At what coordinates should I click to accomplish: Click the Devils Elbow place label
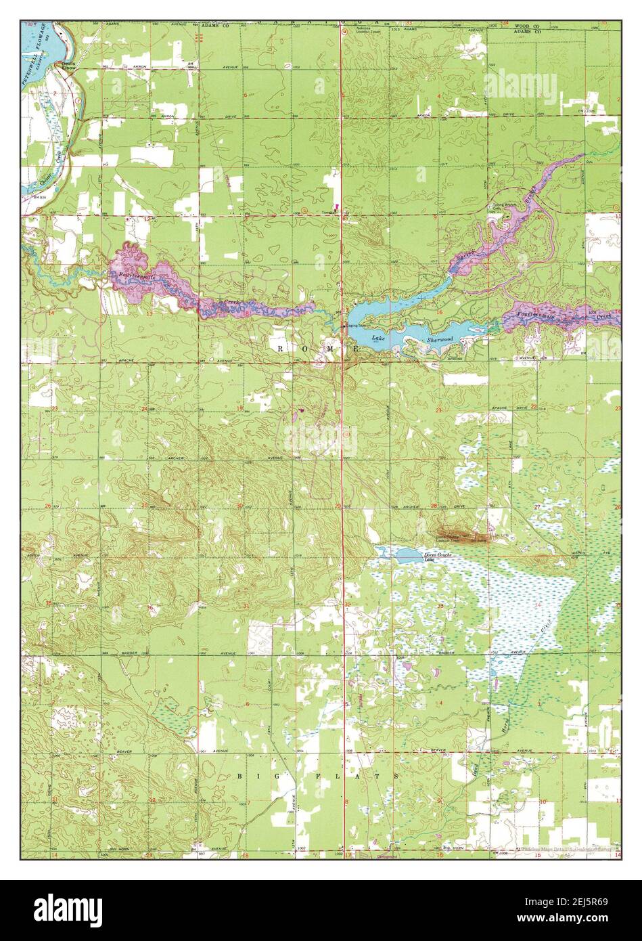pos(70,65)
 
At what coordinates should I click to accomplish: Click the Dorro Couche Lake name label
pos(438,557)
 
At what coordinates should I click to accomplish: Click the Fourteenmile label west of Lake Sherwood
pos(137,276)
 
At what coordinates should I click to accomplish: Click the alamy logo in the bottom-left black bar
pos(69,906)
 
